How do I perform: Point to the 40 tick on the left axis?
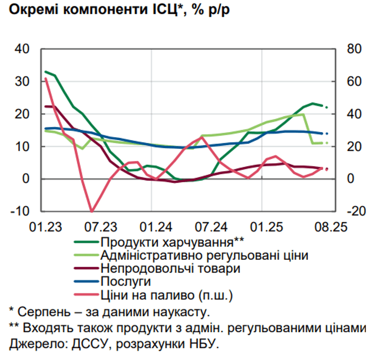[22, 50]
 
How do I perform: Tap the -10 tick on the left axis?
[20, 212]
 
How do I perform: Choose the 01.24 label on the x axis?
[157, 228]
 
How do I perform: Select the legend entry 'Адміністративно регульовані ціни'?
[204, 256]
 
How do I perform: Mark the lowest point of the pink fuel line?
[91, 211]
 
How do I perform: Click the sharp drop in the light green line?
[308, 129]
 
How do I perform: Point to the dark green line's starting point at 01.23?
[45, 72]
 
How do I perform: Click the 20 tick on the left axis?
[22, 114]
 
